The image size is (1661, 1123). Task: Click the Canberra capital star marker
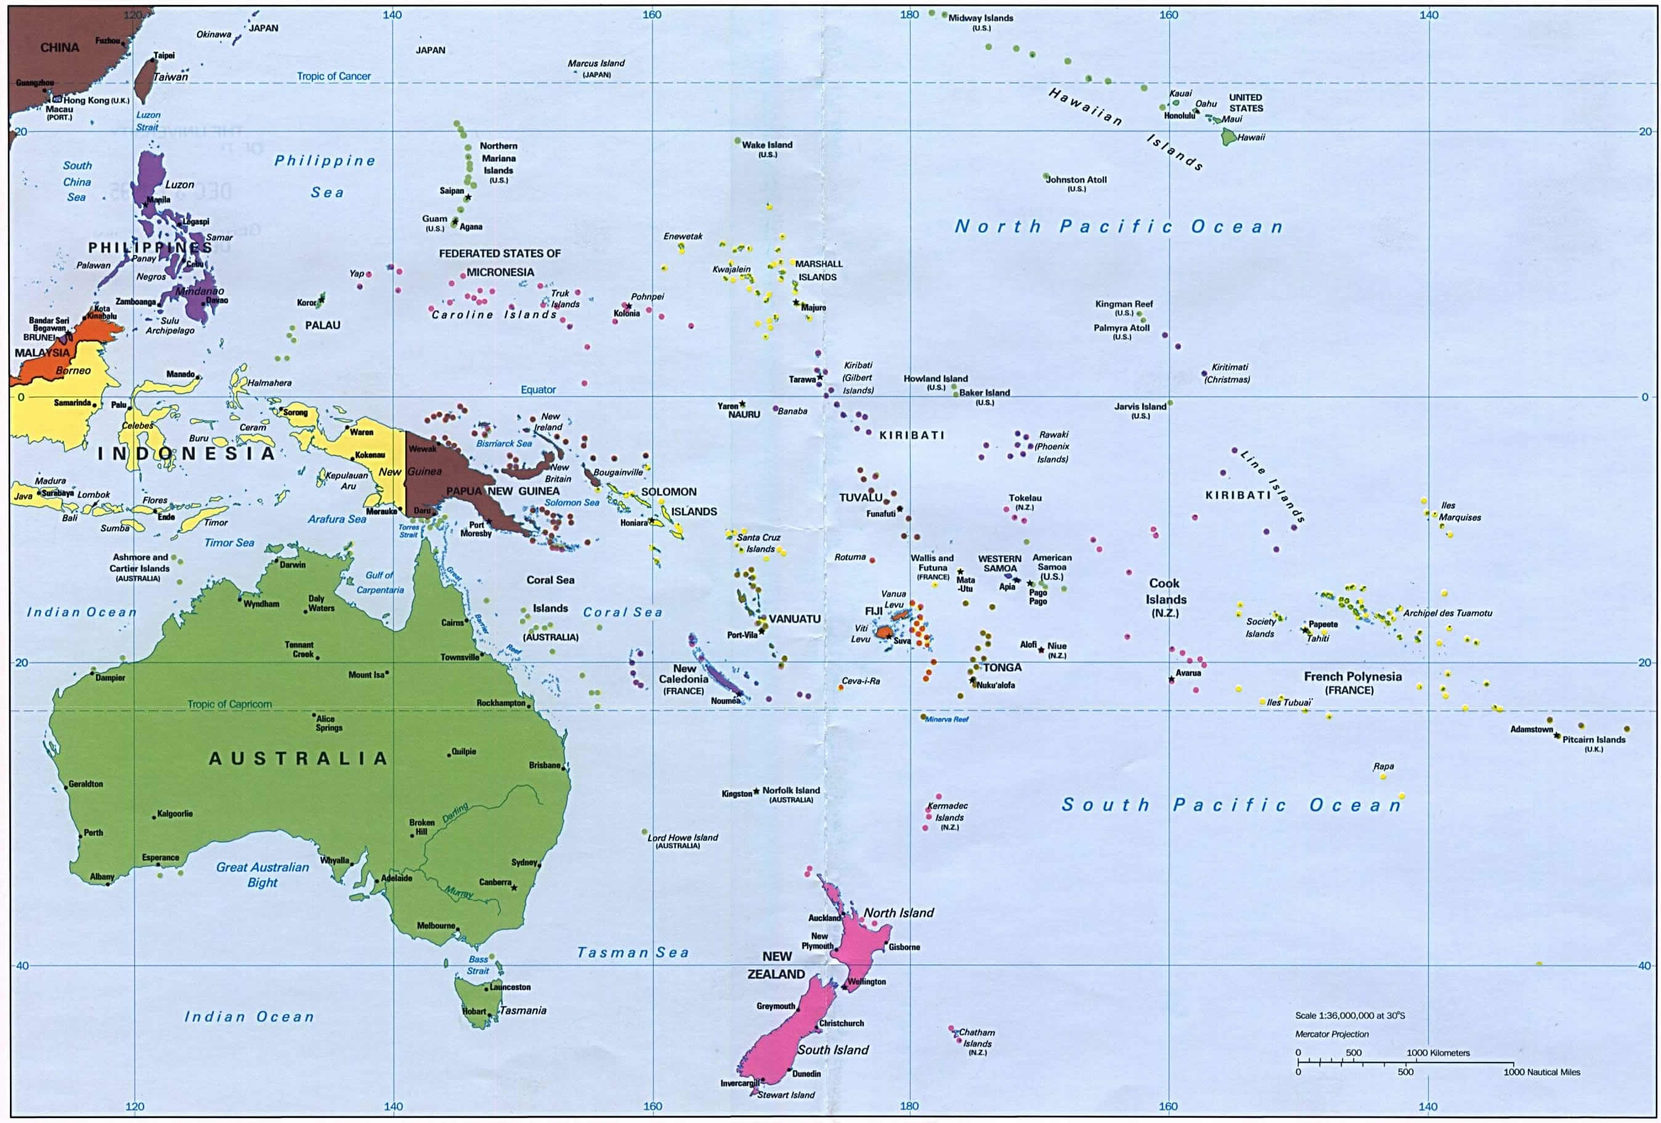(513, 888)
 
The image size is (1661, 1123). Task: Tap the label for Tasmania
(522, 1010)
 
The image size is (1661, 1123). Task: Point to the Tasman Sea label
(633, 952)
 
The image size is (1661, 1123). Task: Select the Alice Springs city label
(329, 723)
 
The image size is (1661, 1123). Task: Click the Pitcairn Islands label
(1593, 739)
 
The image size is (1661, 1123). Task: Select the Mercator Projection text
(1331, 1034)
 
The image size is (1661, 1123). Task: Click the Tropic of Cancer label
(334, 76)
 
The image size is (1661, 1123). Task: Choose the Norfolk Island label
(790, 790)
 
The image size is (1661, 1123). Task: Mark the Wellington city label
(866, 981)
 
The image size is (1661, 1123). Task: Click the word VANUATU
(794, 619)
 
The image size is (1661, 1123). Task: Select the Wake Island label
(767, 144)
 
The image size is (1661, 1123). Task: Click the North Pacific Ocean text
(1119, 227)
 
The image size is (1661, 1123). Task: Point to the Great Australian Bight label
(262, 874)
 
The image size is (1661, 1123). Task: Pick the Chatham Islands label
(977, 1037)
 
